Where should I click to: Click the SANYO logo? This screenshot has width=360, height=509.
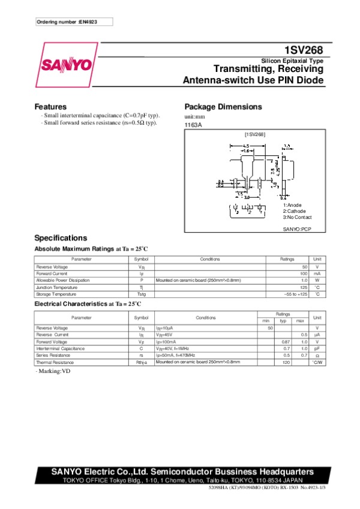click(x=67, y=64)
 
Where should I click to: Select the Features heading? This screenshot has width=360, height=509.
click(x=50, y=107)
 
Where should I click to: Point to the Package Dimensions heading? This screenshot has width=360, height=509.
click(x=223, y=107)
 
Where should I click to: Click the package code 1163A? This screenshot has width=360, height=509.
click(x=193, y=125)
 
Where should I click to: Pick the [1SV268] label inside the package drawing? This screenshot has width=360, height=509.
click(x=254, y=135)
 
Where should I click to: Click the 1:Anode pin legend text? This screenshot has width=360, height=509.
click(x=292, y=205)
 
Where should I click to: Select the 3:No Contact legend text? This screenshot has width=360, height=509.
click(x=296, y=216)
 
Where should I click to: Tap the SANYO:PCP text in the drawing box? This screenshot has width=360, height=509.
click(x=297, y=229)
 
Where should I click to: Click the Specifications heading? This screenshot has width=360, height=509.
click(x=61, y=237)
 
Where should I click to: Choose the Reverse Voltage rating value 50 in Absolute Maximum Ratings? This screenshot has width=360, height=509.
click(x=304, y=266)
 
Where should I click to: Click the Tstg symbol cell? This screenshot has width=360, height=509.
click(x=142, y=294)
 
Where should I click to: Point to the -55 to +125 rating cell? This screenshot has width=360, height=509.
click(x=296, y=294)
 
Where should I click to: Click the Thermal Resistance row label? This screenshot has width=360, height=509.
click(x=53, y=362)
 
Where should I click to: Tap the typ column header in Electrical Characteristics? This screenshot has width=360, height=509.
click(x=284, y=321)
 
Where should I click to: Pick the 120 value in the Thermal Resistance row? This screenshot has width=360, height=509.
click(x=286, y=362)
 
